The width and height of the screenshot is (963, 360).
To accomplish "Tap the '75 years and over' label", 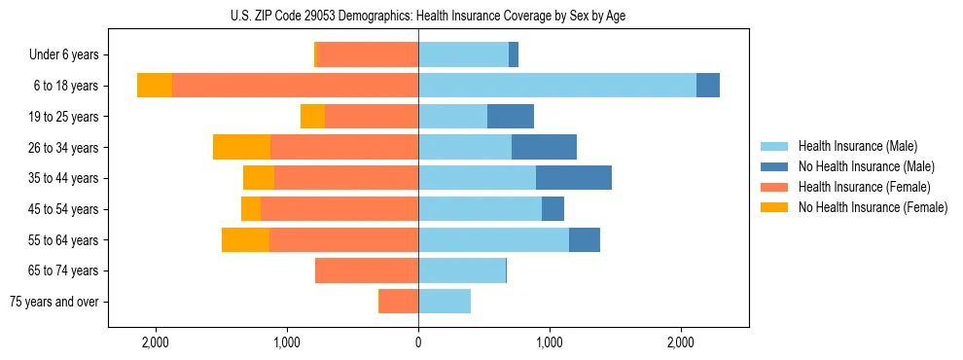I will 54,302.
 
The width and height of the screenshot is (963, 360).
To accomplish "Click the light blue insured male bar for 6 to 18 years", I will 557,86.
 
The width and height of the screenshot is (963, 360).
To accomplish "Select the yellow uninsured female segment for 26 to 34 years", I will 241,147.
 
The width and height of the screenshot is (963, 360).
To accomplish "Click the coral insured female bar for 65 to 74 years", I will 367,270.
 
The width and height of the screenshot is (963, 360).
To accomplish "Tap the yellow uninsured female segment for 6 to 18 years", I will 155,86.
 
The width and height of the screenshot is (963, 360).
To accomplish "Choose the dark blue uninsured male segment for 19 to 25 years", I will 511,117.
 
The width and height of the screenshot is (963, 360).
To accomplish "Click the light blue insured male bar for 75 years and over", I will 445,302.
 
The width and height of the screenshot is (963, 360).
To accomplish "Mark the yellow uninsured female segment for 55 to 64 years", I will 245,239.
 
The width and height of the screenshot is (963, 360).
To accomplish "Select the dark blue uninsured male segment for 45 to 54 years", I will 553,209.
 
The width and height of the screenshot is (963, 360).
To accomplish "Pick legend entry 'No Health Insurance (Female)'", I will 873,207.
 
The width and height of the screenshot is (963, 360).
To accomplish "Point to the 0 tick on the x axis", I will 418,342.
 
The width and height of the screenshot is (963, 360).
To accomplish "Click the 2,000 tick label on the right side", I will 681,342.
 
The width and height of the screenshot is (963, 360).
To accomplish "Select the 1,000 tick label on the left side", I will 287,342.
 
